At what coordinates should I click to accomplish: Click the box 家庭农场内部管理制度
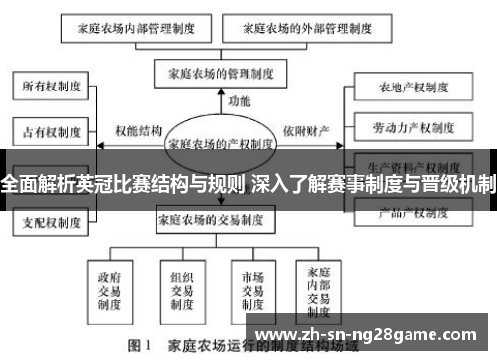[x=141, y=29]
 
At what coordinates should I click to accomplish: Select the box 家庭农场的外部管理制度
[x=286, y=29]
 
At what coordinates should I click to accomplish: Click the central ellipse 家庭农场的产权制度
[x=220, y=143]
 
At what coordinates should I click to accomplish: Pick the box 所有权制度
[x=48, y=87]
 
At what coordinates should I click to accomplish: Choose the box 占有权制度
[x=48, y=130]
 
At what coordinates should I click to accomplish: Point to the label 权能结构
[x=138, y=131]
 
